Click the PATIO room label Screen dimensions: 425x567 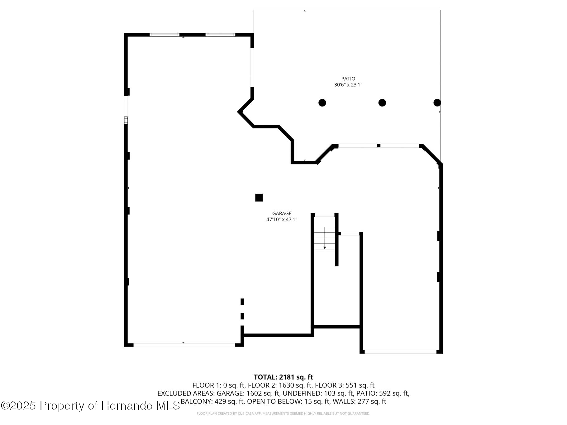point(348,79)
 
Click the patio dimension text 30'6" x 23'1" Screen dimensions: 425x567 point(348,85)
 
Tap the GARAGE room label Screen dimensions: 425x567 point(282,213)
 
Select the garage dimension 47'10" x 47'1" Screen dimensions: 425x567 point(282,220)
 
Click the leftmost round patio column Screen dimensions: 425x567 point(322,103)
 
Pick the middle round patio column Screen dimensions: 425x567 point(382,103)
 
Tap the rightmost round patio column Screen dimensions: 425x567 point(437,103)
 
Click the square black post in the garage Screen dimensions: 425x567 point(259,198)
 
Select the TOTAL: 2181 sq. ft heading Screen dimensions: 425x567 point(283,377)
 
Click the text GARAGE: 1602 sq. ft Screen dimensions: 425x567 point(248,393)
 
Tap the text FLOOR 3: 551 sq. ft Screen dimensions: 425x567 point(360,385)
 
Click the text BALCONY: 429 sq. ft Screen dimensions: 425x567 point(212,401)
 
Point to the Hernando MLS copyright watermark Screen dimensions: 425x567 point(90,406)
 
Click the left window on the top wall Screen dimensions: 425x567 point(164,35)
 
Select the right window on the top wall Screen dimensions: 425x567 point(221,35)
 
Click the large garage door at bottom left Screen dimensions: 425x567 point(184,345)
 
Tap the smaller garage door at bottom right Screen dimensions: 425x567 point(400,352)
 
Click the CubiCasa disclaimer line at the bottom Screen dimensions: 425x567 point(283,413)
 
